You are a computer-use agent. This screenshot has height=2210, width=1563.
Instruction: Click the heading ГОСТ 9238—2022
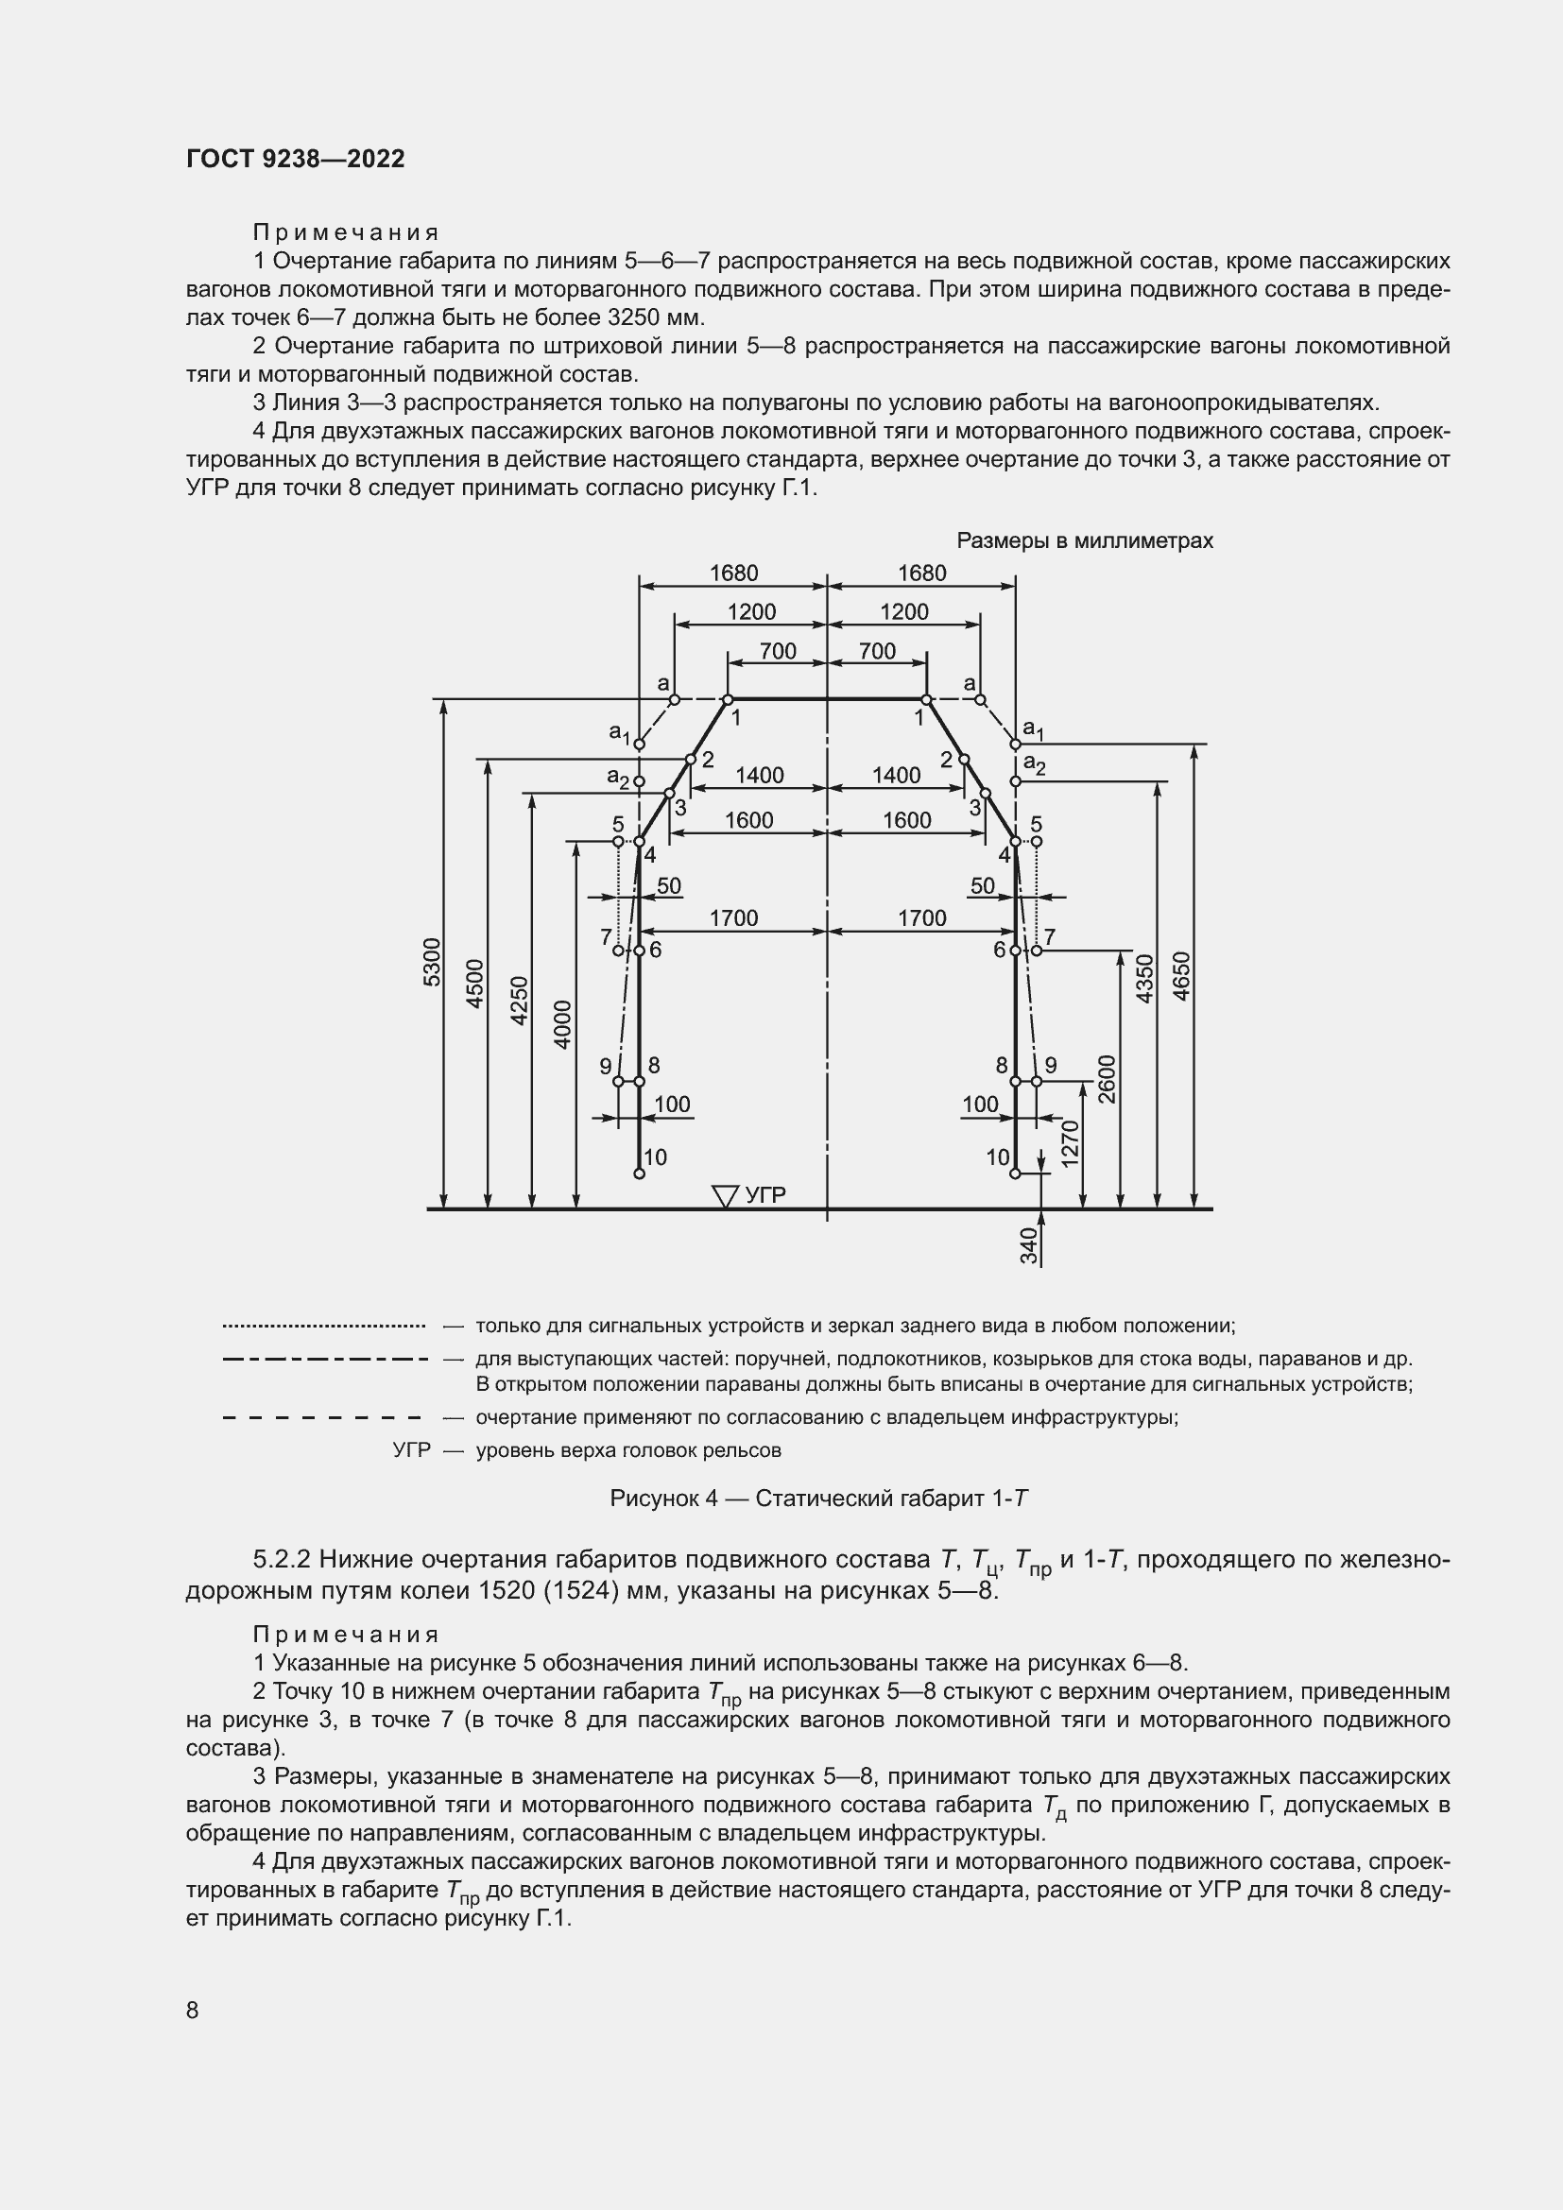click(296, 159)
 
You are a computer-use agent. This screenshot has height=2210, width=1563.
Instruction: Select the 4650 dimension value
click(1182, 976)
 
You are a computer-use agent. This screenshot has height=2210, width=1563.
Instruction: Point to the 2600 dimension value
click(1107, 1079)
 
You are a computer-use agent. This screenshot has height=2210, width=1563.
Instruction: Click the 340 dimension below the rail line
click(1029, 1245)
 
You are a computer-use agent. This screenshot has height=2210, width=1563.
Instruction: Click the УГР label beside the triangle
click(765, 1195)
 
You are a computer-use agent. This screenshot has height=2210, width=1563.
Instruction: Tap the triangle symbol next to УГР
click(724, 1195)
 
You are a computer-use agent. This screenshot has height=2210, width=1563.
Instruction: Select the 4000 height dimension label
click(563, 1024)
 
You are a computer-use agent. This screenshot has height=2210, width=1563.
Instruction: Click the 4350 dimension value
click(1144, 978)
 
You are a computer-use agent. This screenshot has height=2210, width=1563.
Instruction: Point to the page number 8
click(193, 2010)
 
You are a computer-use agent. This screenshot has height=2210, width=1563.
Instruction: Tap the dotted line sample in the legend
click(323, 1327)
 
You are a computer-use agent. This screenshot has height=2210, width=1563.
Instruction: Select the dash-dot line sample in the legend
click(323, 1359)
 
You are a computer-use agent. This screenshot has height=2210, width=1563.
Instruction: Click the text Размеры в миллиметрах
click(1085, 541)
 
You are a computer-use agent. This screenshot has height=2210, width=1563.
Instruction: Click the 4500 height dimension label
click(474, 983)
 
